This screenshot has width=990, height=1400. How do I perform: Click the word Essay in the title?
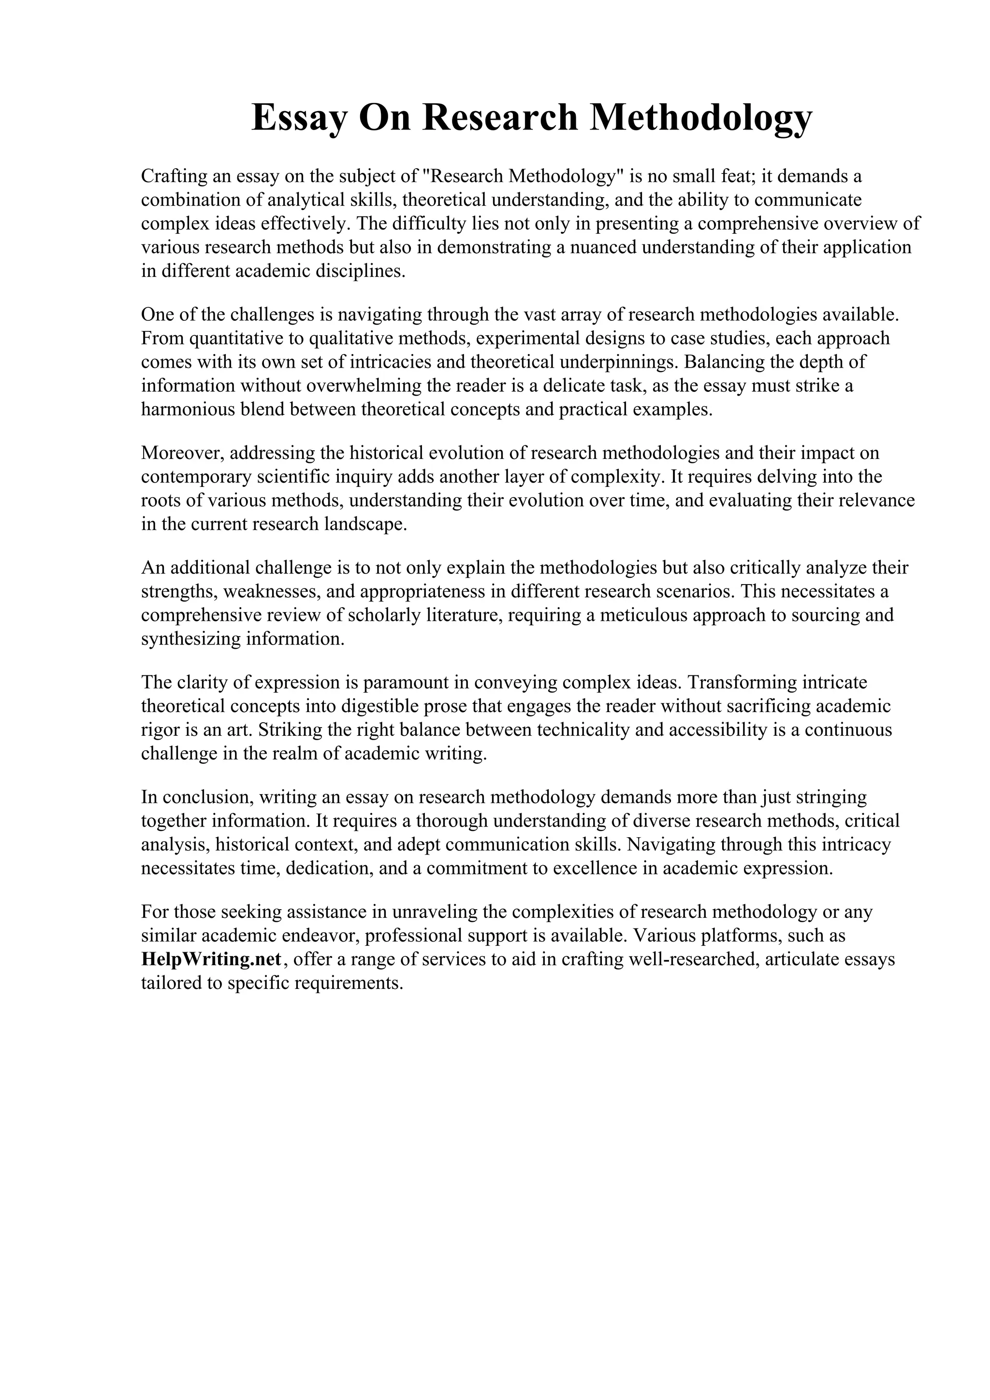click(x=298, y=118)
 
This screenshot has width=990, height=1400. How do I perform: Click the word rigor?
click(x=157, y=730)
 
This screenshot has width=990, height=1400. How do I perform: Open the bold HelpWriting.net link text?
click(x=211, y=959)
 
